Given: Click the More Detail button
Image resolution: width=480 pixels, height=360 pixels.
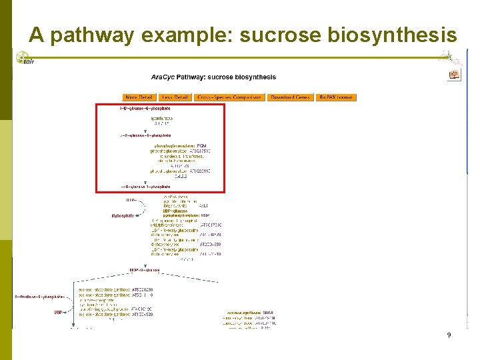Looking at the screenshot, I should point(139,97).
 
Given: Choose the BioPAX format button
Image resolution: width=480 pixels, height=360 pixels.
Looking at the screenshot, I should point(336,97).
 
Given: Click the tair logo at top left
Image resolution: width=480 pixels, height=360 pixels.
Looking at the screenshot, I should point(25,59).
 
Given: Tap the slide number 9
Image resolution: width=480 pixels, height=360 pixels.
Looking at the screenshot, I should point(449,335).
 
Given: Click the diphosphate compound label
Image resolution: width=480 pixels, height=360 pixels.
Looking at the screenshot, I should point(123,216).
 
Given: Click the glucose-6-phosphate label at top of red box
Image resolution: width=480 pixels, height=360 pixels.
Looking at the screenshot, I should point(145,108).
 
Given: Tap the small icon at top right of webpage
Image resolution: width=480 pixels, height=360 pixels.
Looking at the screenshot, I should point(454,75).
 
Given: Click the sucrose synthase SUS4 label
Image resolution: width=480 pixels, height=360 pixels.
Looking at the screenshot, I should point(250,312).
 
